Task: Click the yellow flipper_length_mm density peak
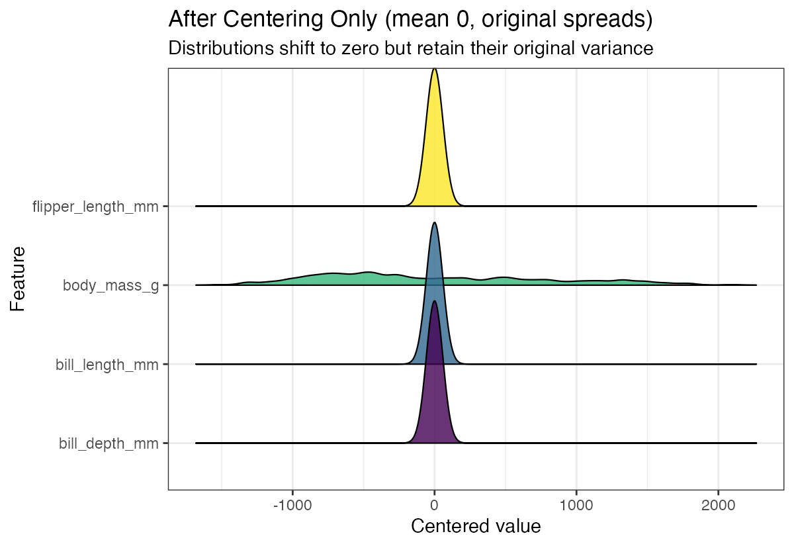coord(434,132)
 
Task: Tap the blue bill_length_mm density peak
coord(434,265)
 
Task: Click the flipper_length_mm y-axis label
coord(96,206)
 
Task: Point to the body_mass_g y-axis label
coord(110,285)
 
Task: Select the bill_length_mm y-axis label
coord(107,364)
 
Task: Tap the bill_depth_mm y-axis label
coord(109,443)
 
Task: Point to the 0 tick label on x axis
coord(434,505)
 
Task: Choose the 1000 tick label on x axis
coord(576,505)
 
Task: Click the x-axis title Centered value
coord(476,527)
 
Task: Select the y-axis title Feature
coord(18,279)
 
